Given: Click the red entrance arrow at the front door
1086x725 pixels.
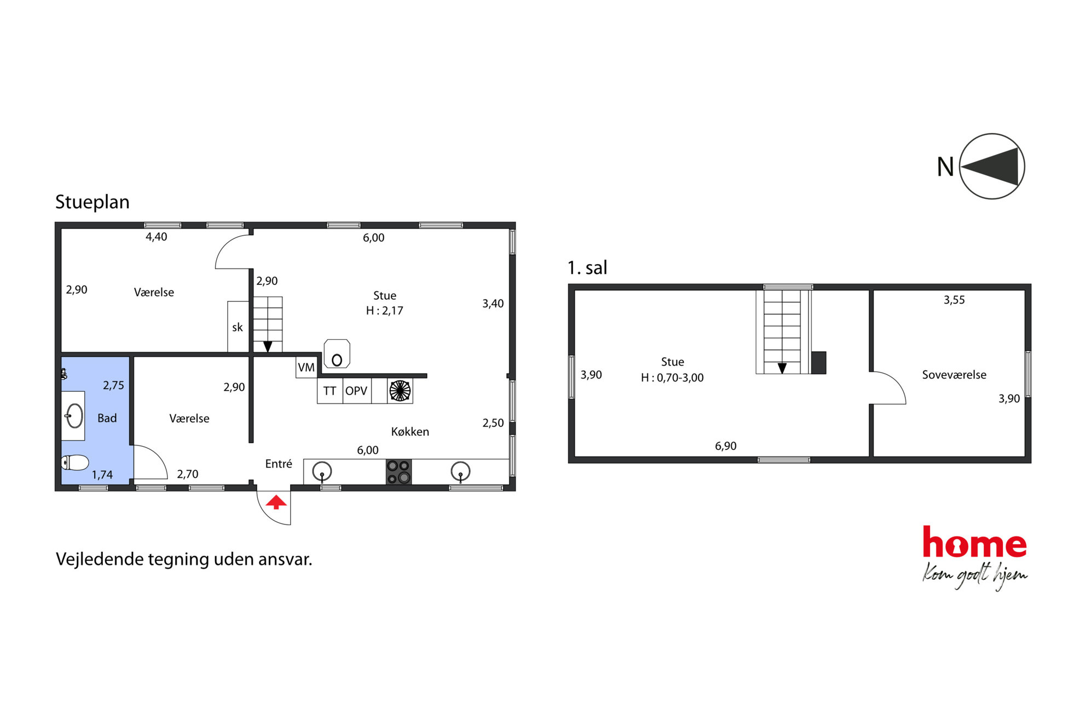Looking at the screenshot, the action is pos(276,502).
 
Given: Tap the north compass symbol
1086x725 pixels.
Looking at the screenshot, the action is pos(992,166).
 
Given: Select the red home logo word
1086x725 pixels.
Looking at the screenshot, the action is pos(974,542).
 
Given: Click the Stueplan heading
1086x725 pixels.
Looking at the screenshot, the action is pos(93,202).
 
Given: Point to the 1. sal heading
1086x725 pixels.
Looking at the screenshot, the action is pos(587,268).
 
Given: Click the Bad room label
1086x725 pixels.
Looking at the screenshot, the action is pos(107,418).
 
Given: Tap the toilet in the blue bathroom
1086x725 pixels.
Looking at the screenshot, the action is pos(75,463).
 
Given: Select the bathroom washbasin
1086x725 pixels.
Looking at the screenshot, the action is pos(73,416).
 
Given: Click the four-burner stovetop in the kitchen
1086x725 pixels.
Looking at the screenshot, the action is pos(398,472).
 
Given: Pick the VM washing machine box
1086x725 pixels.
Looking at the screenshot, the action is pos(307,367).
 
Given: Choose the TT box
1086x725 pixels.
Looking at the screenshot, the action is pos(330,391).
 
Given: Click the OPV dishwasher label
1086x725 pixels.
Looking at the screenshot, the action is pos(356,391).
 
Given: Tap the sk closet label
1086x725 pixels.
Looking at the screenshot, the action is pos(238,327).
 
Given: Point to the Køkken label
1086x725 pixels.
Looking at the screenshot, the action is pos(410,432).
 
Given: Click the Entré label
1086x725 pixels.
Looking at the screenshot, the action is pos(279,464).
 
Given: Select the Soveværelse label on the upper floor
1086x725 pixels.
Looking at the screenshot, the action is pos(954,375).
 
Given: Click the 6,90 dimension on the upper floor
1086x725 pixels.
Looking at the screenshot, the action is pos(726,446).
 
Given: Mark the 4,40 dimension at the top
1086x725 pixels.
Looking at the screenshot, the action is pos(157,237).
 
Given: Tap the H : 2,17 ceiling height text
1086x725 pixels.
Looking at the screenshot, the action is pos(385,311).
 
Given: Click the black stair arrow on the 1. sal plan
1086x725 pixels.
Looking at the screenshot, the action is pos(782,368).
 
